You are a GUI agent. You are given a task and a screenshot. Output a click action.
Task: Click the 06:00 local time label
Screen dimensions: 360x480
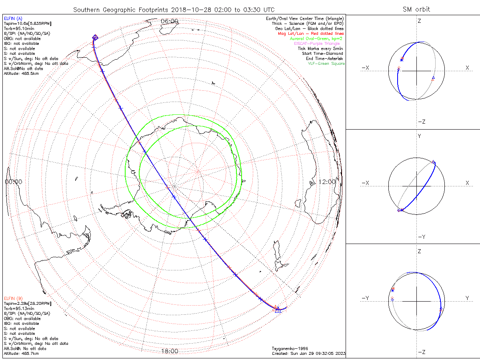[169, 21]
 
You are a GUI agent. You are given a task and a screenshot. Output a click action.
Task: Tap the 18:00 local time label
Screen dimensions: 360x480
[169, 351]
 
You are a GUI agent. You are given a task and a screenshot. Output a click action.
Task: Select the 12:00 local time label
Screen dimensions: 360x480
[328, 182]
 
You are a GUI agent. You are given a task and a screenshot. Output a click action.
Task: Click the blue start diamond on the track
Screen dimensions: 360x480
[95, 37]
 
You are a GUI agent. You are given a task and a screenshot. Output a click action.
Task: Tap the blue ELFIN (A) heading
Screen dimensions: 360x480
[13, 18]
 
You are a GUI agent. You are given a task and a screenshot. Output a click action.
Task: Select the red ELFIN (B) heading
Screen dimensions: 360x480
[13, 298]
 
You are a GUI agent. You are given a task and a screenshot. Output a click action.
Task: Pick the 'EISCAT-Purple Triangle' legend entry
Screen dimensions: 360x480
[317, 44]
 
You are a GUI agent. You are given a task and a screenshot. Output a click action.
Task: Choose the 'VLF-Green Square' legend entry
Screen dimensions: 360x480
[326, 64]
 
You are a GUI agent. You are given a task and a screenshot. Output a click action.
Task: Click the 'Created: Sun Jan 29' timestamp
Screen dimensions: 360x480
[308, 354]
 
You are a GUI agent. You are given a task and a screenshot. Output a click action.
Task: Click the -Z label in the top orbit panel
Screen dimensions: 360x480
[421, 122]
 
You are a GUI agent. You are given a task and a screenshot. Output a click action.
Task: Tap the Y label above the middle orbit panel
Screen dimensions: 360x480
[419, 136]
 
